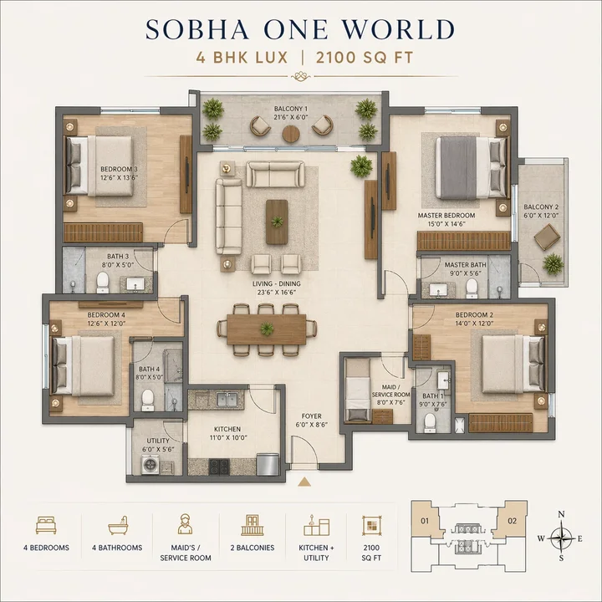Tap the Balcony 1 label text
(291, 110)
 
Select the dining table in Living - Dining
(266, 329)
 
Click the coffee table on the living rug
(277, 222)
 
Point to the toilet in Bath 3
(104, 279)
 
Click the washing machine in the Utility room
(151, 466)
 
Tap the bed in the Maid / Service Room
(359, 391)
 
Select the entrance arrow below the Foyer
(304, 482)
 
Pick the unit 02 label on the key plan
(512, 521)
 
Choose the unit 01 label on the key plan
(424, 521)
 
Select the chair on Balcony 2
(548, 238)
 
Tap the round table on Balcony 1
(291, 134)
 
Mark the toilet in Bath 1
(430, 422)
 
